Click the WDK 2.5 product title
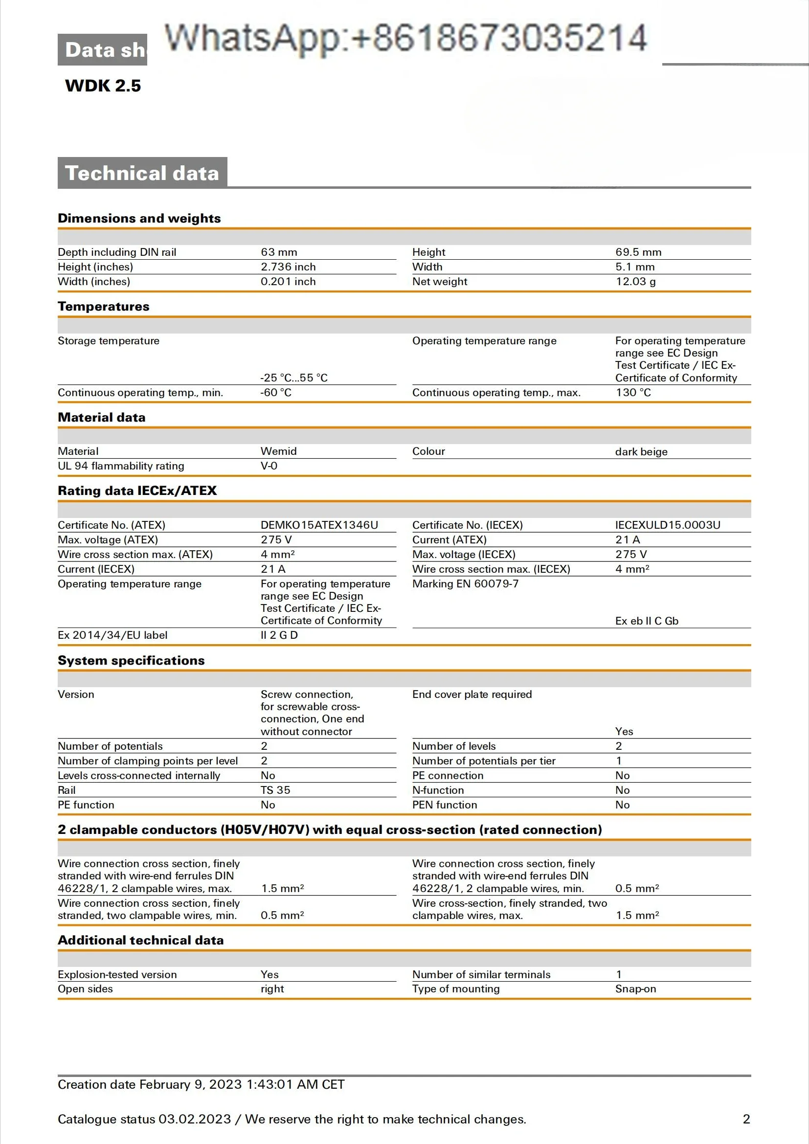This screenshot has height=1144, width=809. pyautogui.click(x=103, y=86)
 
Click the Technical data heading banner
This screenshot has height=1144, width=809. pyautogui.click(x=142, y=173)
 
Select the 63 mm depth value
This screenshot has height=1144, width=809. pyautogui.click(x=278, y=252)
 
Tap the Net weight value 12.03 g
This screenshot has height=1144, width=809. pyautogui.click(x=635, y=282)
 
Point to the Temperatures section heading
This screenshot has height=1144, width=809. pyautogui.click(x=104, y=307)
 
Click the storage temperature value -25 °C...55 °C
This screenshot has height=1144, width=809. pyautogui.click(x=293, y=378)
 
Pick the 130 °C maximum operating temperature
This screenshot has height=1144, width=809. pyautogui.click(x=632, y=393)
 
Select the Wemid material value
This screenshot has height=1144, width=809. pyautogui.click(x=278, y=451)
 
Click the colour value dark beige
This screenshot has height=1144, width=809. pyautogui.click(x=641, y=452)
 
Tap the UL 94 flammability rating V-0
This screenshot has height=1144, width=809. pyautogui.click(x=269, y=466)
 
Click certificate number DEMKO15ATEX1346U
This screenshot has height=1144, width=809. pyautogui.click(x=319, y=525)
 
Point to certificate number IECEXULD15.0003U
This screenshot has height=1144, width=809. pyautogui.click(x=667, y=525)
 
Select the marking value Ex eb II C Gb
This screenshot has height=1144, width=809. pyautogui.click(x=646, y=621)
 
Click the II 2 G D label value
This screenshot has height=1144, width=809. pyautogui.click(x=278, y=635)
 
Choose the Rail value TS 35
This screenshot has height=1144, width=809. pyautogui.click(x=275, y=790)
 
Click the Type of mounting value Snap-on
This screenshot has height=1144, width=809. pyautogui.click(x=635, y=989)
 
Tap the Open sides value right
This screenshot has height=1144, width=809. pyautogui.click(x=272, y=989)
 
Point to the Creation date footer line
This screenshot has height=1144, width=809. pyautogui.click(x=201, y=1085)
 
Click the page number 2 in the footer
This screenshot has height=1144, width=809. pyautogui.click(x=746, y=1119)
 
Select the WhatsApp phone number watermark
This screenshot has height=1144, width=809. pyautogui.click(x=405, y=38)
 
